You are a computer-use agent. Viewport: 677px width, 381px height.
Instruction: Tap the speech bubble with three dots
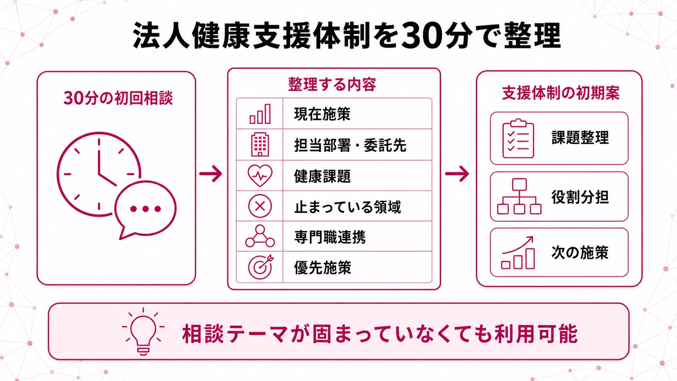pyautogui.click(x=145, y=209)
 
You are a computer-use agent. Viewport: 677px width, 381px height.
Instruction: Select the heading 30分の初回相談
pyautogui.click(x=118, y=98)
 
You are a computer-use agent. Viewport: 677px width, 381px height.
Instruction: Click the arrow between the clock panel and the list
pyautogui.click(x=211, y=174)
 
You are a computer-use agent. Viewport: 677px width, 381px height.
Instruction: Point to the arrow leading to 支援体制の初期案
pyautogui.click(x=457, y=174)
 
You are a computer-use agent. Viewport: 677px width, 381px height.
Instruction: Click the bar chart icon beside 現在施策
pyautogui.click(x=260, y=114)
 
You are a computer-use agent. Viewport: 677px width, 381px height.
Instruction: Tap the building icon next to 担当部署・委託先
pyautogui.click(x=260, y=145)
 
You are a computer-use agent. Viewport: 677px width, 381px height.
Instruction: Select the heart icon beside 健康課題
pyautogui.click(x=260, y=175)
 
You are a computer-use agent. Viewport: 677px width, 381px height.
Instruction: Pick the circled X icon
pyautogui.click(x=260, y=206)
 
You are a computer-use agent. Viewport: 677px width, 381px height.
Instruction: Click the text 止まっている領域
pyautogui.click(x=347, y=207)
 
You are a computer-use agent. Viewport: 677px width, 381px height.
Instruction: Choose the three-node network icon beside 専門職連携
pyautogui.click(x=260, y=236)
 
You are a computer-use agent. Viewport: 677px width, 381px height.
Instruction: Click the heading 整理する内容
pyautogui.click(x=332, y=84)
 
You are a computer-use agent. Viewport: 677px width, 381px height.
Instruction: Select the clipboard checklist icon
pyautogui.click(x=518, y=138)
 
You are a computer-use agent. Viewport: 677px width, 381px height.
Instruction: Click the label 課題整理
pyautogui.click(x=580, y=138)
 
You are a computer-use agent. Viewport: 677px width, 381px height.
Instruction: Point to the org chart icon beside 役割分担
pyautogui.click(x=519, y=196)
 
